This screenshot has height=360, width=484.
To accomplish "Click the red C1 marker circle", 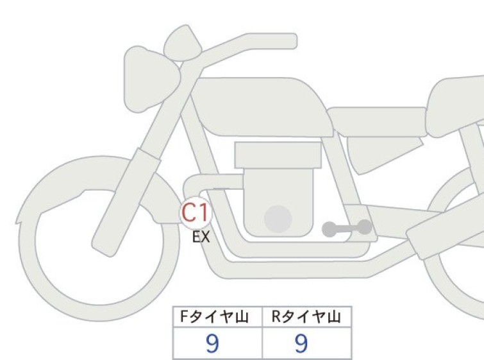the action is coord(196,213).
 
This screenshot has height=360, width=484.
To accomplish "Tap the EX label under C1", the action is coord(201,237).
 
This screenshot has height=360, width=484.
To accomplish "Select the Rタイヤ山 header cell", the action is coord(307,317).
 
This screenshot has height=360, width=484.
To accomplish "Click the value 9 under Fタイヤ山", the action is coord(212,343).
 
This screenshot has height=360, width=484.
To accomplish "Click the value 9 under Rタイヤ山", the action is coord(301,343).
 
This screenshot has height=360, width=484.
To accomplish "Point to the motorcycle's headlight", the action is coord(151,79).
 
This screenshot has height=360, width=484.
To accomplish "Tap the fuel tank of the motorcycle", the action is coord(262,107).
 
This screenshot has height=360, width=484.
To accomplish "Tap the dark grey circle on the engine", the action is coord(278,219).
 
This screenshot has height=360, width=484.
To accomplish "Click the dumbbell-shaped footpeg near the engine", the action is coord(347,228).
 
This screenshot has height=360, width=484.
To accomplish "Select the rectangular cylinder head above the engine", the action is coord(278,155).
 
